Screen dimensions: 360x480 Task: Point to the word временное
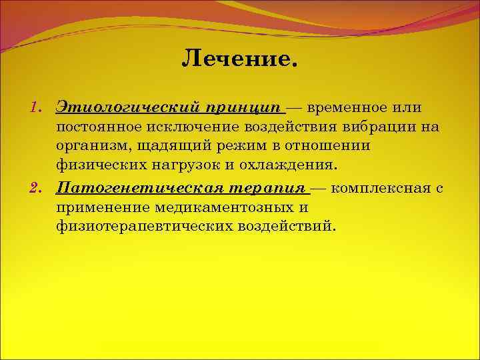coord(353,108)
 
